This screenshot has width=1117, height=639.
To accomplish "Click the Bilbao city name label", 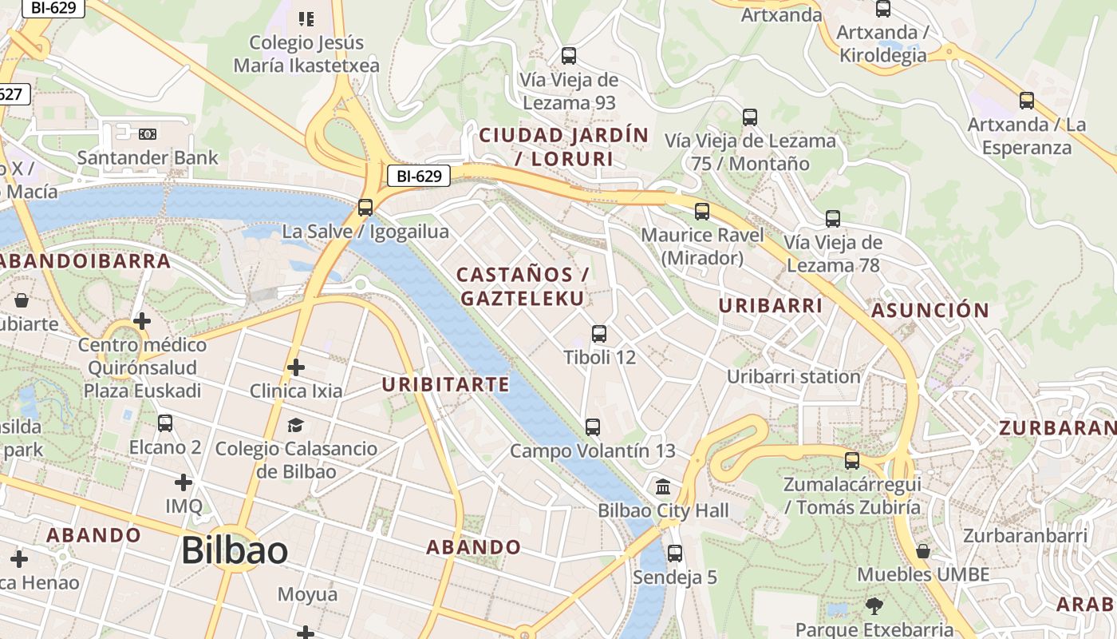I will tap(235, 550).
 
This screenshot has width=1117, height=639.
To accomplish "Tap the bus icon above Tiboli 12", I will tap(599, 334).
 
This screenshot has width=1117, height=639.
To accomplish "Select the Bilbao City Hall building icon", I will tap(662, 486).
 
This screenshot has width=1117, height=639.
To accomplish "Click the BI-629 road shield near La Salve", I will tap(419, 176).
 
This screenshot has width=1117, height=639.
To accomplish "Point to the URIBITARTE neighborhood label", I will tap(445, 384).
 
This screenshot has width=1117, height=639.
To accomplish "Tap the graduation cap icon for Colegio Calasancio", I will tap(295, 425).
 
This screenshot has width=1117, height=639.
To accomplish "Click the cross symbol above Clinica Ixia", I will tap(296, 367).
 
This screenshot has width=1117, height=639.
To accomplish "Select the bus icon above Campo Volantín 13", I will tap(592, 427).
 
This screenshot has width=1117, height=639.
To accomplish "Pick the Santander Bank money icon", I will tap(148, 134).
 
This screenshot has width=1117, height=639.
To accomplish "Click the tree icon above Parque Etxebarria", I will tap(874, 605).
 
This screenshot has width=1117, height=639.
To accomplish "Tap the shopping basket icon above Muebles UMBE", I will tap(923, 551).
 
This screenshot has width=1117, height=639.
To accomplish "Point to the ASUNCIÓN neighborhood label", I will tap(930, 310).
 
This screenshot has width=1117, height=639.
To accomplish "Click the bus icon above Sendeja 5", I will tap(675, 553).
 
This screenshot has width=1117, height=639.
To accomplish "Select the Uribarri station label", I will tap(793, 376).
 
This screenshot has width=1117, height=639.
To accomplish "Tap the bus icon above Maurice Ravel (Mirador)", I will tap(702, 212).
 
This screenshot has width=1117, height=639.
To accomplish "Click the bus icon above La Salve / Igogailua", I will tap(365, 208).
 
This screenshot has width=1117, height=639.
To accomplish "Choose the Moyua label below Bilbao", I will tap(307, 594).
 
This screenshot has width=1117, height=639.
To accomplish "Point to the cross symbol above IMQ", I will tap(184, 482).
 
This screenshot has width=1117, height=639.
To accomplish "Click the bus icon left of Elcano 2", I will tap(165, 423).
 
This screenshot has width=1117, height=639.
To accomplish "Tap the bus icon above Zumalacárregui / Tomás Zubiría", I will tap(852, 461).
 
